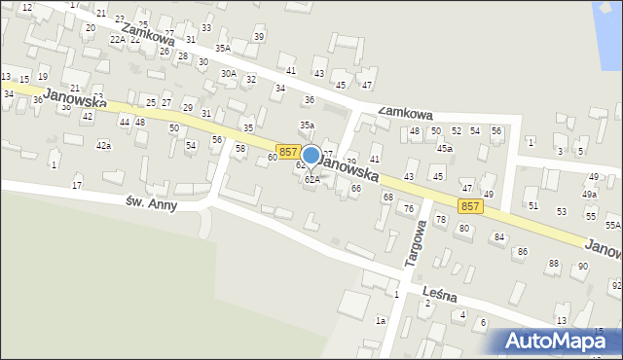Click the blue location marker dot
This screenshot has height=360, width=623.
pos(311,155)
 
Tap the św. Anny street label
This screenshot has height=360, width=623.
pos(150,203)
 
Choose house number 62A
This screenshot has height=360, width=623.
pos(311,180)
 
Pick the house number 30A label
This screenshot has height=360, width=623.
pos(228,73)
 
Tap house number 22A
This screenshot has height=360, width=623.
pos(118,39)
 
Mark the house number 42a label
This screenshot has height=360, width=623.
pos(103,145)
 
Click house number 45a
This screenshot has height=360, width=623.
pos(444,149)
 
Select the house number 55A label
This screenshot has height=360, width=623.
pos(612,225)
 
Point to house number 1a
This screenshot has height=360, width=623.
pos(381,320)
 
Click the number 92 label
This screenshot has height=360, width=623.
pos(615,285)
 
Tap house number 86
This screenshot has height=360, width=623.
pos(522,251)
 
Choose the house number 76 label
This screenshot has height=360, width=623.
pos(409,208)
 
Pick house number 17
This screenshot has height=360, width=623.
pos(77,185)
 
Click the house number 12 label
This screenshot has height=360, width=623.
pos(26,7)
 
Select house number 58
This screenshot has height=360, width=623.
pos(239,148)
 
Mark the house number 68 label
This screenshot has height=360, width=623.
pos(387,198)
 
